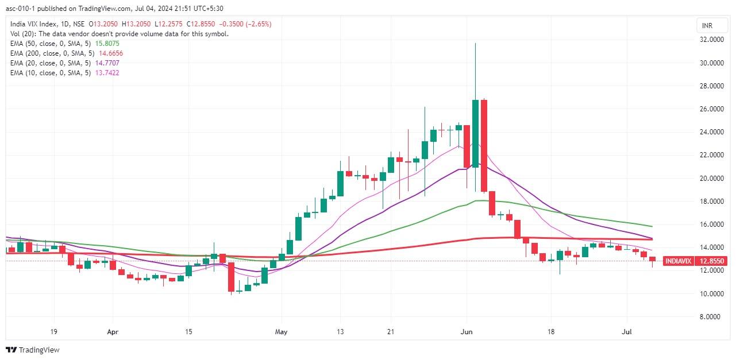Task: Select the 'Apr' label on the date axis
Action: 113,332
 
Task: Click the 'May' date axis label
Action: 281,332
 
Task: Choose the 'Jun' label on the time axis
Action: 467,332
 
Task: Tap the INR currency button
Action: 707,26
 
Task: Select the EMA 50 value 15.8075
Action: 110,44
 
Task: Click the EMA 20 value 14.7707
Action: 109,63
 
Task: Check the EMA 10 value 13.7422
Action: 109,73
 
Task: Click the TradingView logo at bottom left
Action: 33,350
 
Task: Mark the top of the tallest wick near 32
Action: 475,44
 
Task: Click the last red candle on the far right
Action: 652,259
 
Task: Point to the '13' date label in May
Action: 340,332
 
